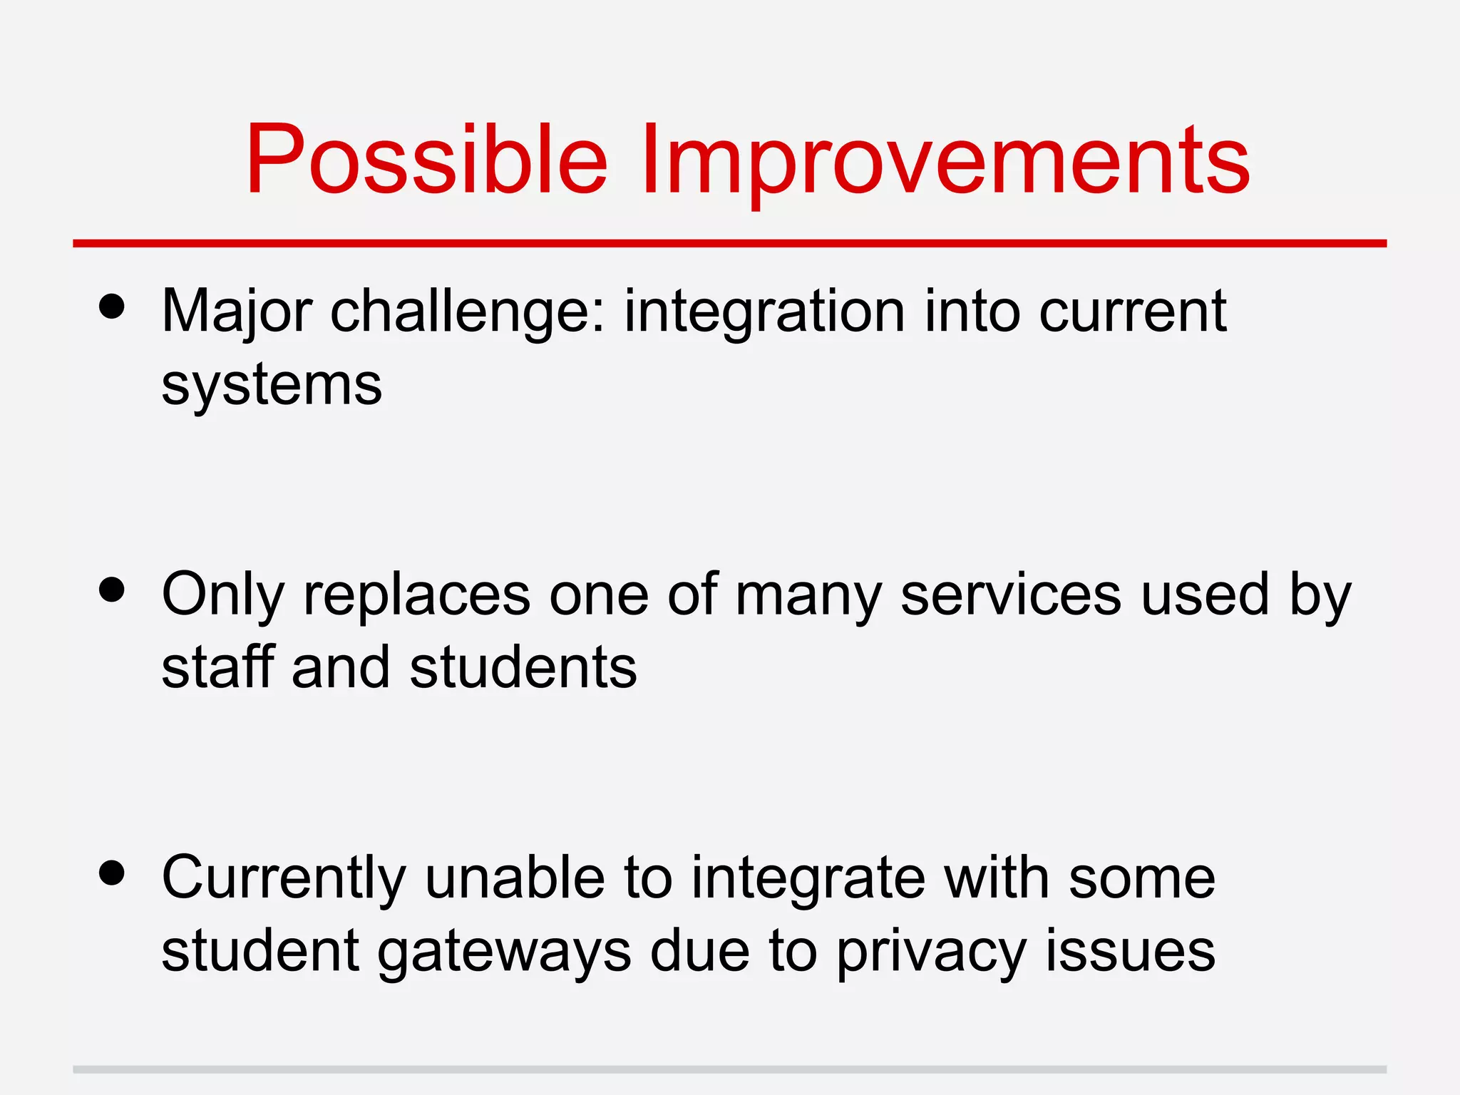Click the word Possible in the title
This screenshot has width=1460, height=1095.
(x=426, y=160)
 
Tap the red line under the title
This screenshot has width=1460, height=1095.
(x=729, y=244)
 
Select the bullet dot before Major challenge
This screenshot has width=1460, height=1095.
(x=113, y=307)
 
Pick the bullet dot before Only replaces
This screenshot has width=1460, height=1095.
(x=113, y=590)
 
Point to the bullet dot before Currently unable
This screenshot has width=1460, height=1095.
(x=113, y=872)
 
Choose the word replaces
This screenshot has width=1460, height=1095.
(x=417, y=595)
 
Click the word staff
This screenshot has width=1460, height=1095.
(x=218, y=667)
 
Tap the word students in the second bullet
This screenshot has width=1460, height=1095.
(x=523, y=667)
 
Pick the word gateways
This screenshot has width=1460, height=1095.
(x=504, y=952)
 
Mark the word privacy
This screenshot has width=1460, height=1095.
(x=931, y=952)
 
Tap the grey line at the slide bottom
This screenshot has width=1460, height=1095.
(x=729, y=1069)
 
